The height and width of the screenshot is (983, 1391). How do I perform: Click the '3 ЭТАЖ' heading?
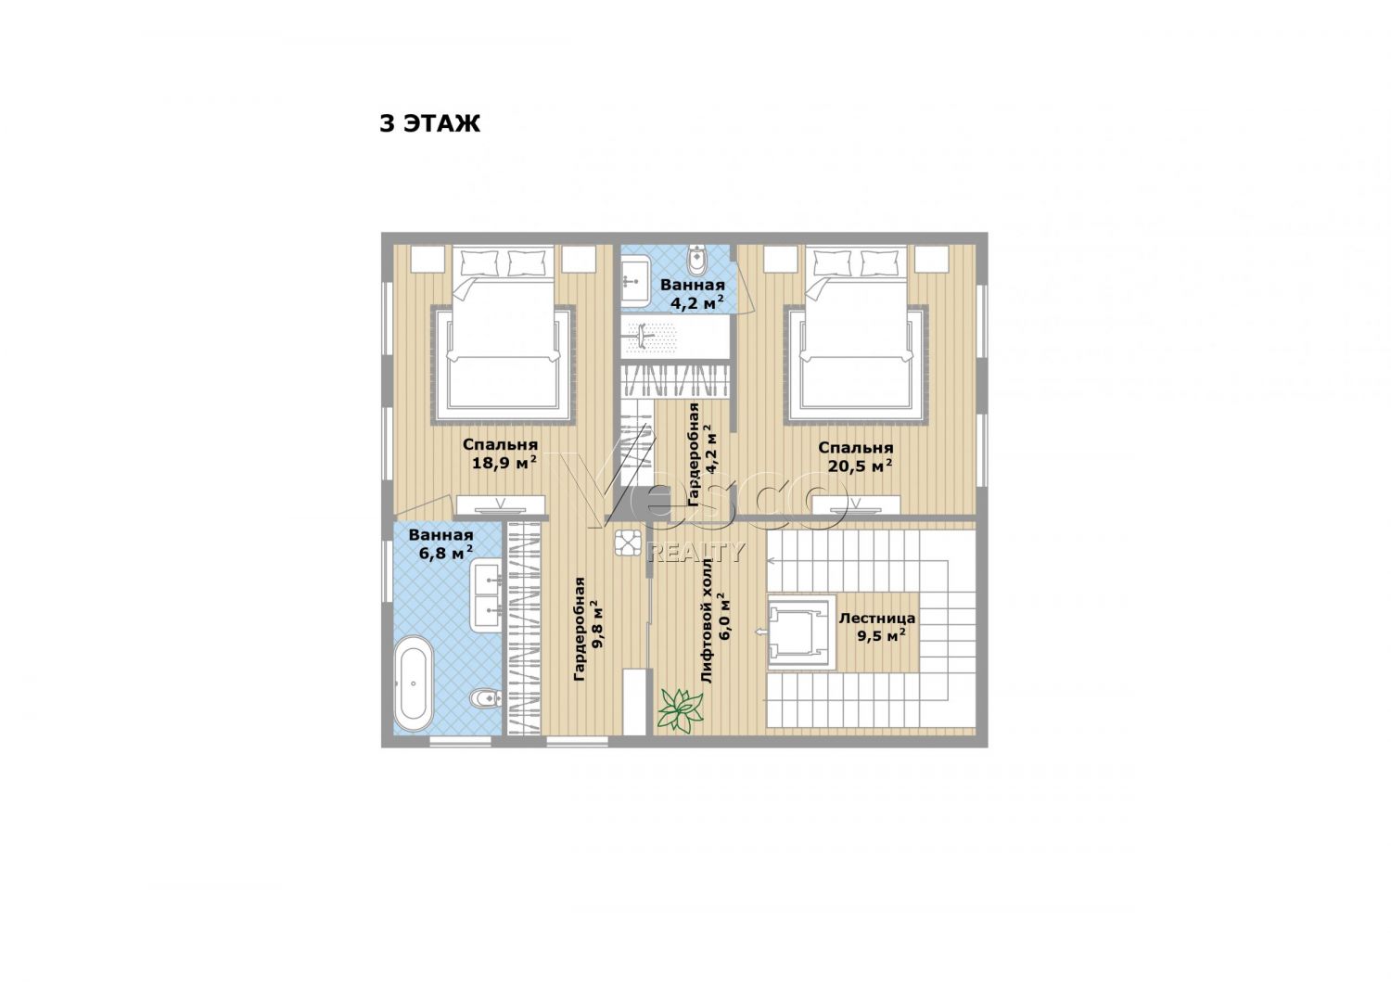[x=429, y=123]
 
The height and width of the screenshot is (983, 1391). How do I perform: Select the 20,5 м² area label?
[x=860, y=466]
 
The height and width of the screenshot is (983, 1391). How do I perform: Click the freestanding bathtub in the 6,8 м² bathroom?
[x=415, y=683]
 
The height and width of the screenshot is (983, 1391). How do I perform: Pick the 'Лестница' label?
[x=877, y=618]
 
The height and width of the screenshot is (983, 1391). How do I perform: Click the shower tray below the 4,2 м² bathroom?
[x=675, y=337]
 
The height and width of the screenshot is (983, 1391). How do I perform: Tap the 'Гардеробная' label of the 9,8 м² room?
[x=580, y=629]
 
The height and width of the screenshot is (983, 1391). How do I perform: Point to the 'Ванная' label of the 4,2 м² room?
[x=693, y=285]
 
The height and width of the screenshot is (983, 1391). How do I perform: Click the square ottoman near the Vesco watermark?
[x=628, y=543]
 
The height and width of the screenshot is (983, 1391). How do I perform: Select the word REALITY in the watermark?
[x=695, y=552]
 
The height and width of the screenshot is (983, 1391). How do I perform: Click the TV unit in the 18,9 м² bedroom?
[x=501, y=505]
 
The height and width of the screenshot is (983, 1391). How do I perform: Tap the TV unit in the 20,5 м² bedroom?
[x=856, y=505]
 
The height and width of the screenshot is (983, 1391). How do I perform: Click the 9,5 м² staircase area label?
[x=881, y=636]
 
